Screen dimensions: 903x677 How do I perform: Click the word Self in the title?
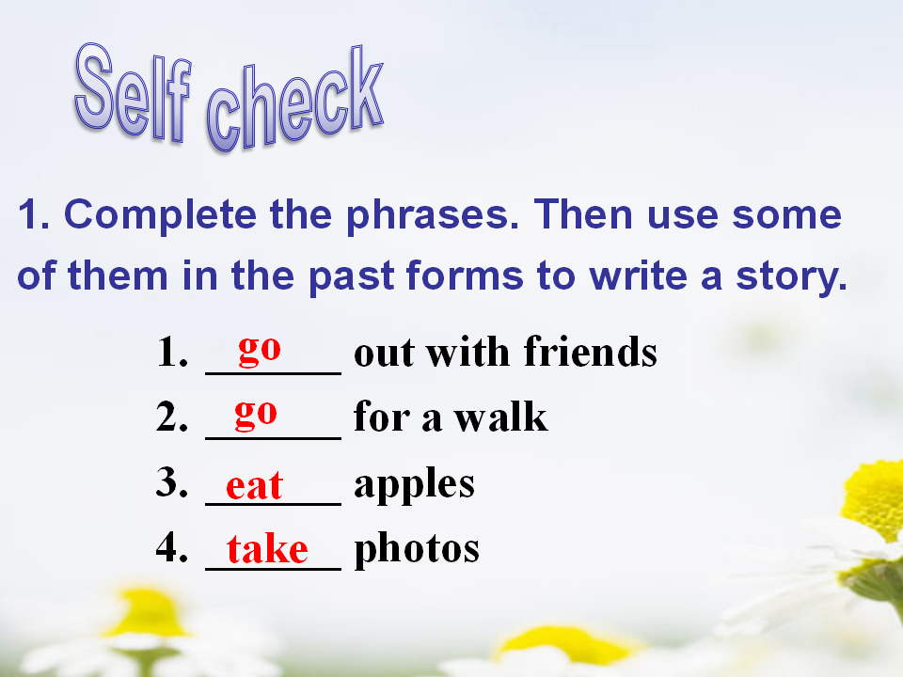pos(133,92)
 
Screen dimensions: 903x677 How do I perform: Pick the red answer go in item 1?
pos(260,351)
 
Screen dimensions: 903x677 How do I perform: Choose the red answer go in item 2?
pos(256,416)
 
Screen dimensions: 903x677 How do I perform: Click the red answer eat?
pos(254,486)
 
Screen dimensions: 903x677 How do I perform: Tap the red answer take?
pos(267,548)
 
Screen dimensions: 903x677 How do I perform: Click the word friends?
pos(591,351)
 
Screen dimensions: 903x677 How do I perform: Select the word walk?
pos(501,416)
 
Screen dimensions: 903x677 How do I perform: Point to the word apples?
pos(415,486)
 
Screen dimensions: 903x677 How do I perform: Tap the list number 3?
pos(171,481)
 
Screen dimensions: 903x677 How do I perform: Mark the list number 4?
pos(171,546)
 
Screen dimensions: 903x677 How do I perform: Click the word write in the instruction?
pos(638,276)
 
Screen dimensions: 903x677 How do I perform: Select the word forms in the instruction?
pos(465,276)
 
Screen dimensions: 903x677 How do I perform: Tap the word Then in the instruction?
pos(583,214)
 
